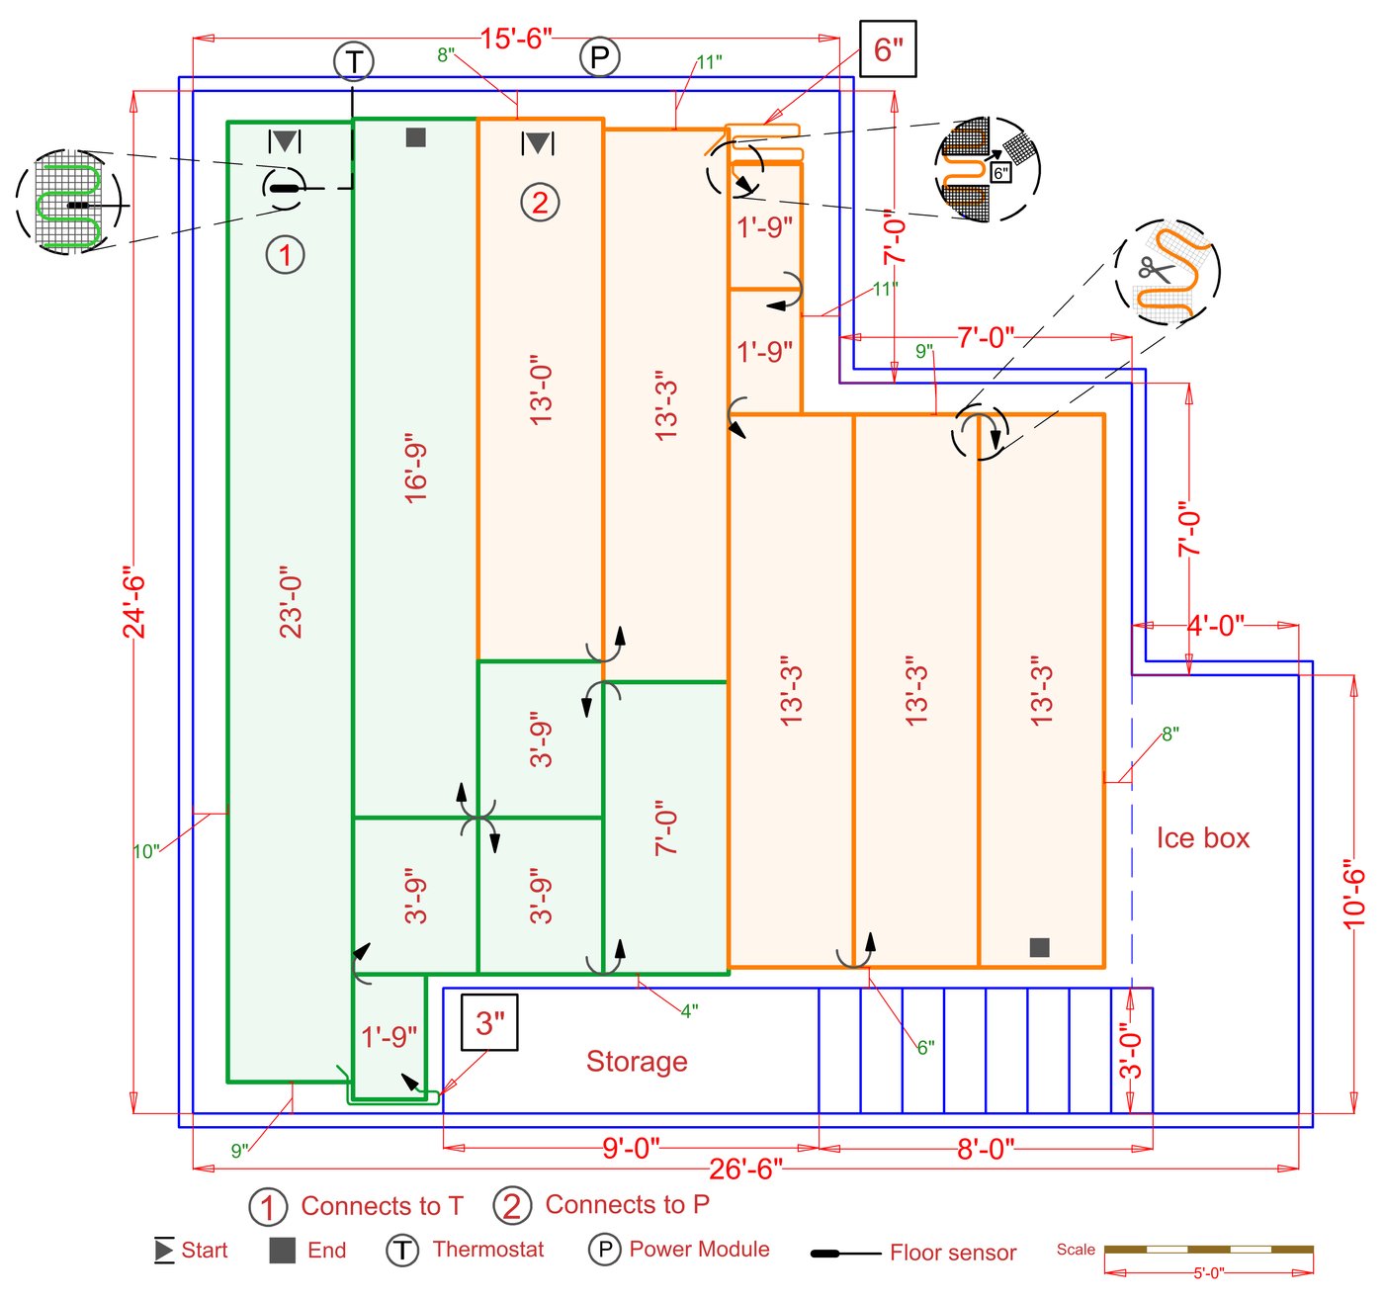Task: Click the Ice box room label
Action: [1202, 838]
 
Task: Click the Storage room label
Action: [637, 1062]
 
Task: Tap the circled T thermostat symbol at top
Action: [353, 61]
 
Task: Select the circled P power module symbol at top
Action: [599, 57]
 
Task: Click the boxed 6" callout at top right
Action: [888, 48]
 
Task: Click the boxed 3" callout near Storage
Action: [489, 1022]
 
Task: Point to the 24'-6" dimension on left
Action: [133, 602]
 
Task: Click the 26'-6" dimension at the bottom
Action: [745, 1170]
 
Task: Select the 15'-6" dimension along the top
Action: [516, 39]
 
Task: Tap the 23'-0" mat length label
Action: [291, 602]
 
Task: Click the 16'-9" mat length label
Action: [416, 468]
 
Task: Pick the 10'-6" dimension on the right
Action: [1354, 894]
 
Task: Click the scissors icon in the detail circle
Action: [1153, 269]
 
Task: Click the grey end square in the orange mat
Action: [1039, 947]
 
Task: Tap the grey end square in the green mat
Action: [415, 137]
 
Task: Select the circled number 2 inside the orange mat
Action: [540, 203]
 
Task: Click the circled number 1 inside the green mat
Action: [286, 255]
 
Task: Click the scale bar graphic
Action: [1208, 1251]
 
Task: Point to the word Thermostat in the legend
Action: [488, 1250]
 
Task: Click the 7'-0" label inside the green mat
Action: [666, 828]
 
